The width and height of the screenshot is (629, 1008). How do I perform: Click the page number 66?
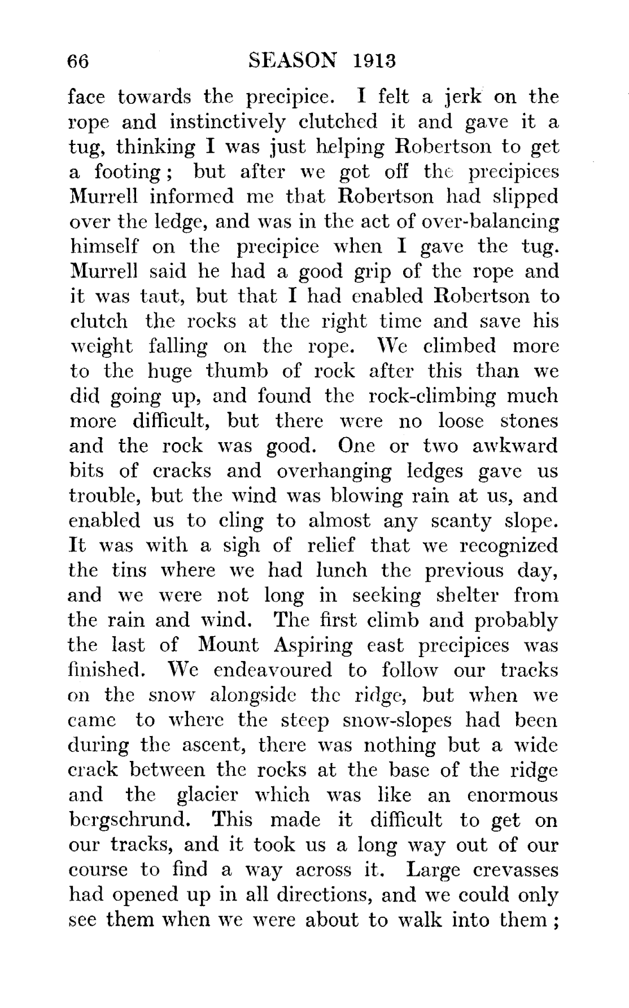tap(78, 60)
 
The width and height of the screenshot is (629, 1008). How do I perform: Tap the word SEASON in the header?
tap(292, 60)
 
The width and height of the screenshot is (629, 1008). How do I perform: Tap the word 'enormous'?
tap(513, 795)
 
